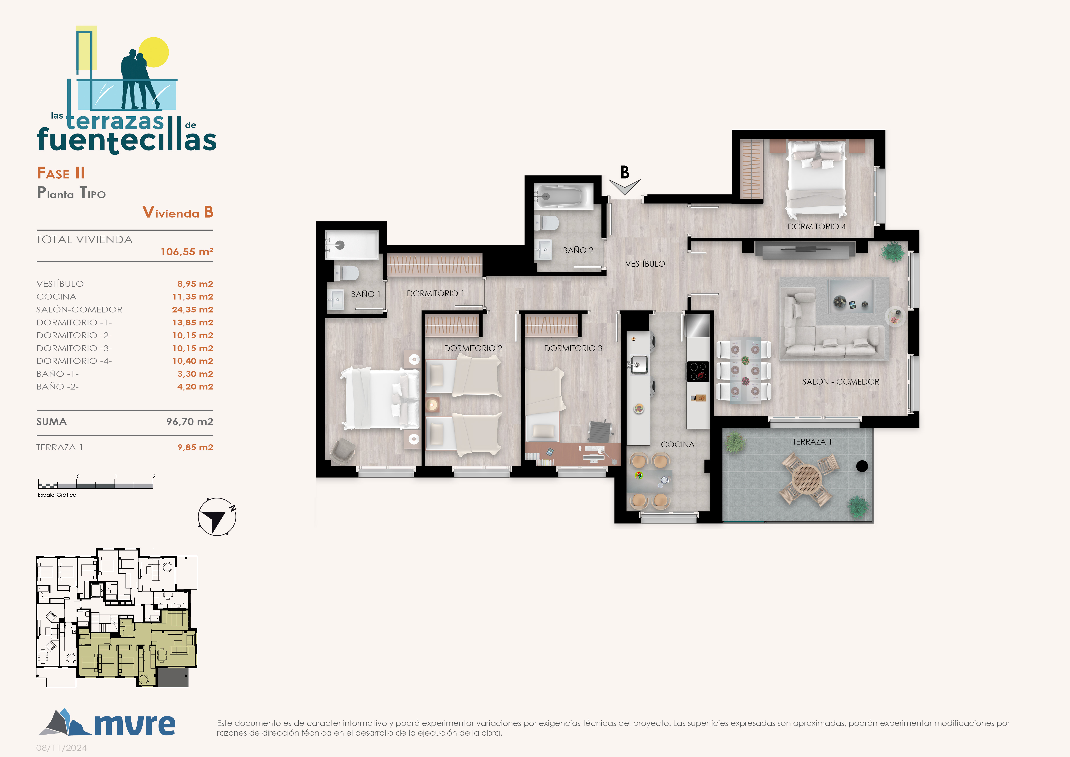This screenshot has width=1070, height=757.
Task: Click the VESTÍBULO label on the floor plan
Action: tap(645, 264)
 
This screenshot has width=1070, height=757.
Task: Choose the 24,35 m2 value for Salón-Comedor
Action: tap(192, 309)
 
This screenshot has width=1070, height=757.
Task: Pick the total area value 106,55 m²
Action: tap(186, 252)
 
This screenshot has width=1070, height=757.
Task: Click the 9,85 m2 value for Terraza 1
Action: tap(195, 447)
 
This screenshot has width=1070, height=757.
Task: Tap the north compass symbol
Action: tap(217, 516)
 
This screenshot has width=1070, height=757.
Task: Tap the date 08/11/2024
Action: tap(61, 748)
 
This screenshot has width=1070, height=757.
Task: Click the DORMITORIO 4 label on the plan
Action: tap(817, 227)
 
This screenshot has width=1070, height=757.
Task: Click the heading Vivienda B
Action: tap(178, 212)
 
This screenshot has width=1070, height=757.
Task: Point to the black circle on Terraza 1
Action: tap(862, 466)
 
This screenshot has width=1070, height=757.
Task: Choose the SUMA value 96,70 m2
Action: tap(190, 421)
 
